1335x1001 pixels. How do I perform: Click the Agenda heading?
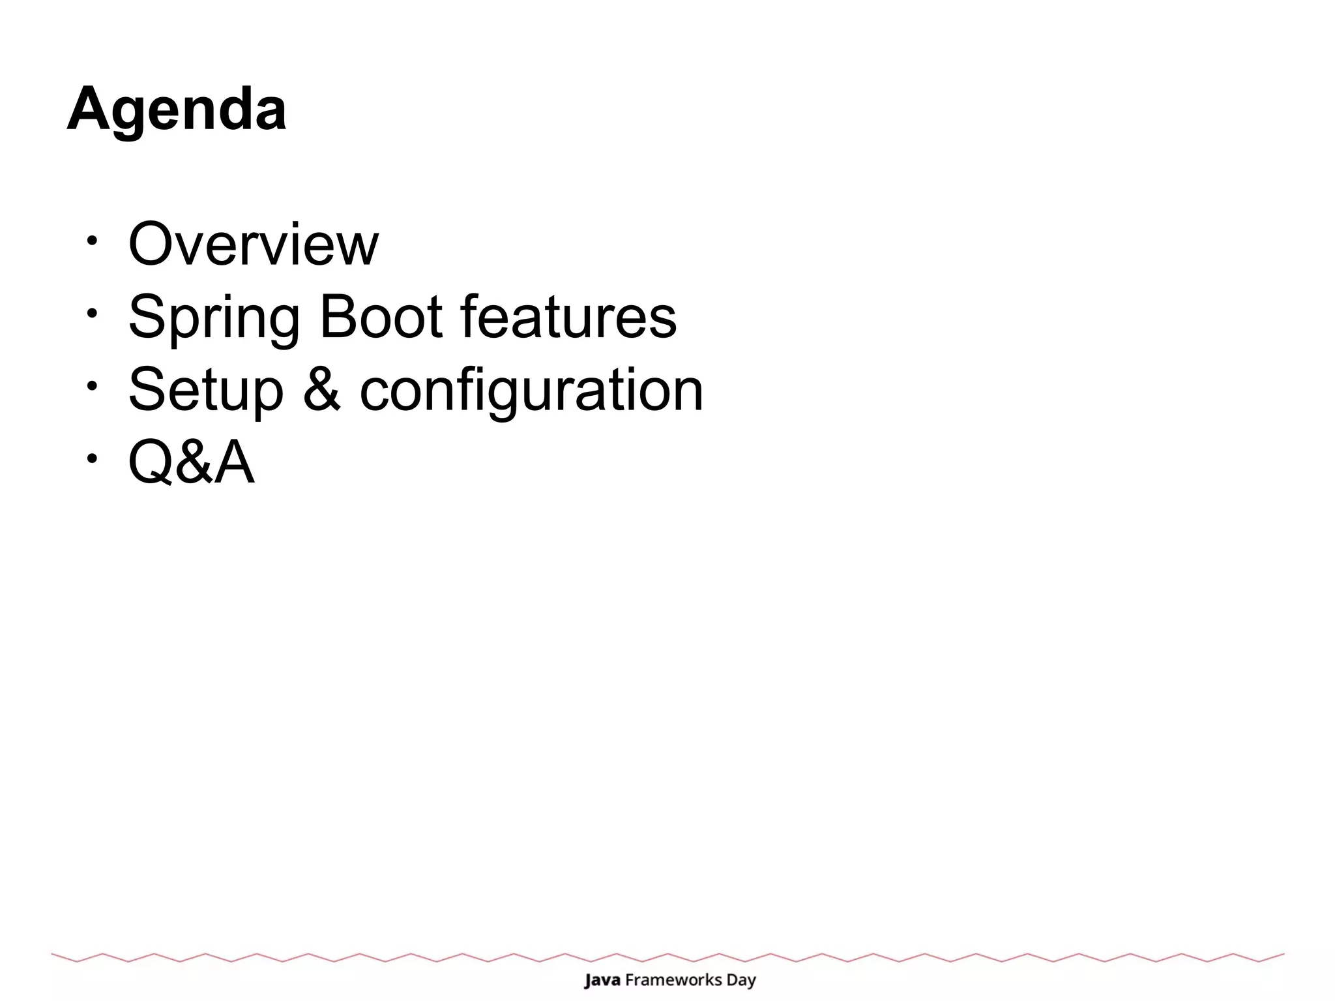click(x=176, y=110)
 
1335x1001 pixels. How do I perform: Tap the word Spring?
click(x=214, y=318)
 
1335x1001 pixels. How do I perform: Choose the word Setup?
click(x=206, y=390)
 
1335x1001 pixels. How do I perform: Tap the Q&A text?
click(x=191, y=462)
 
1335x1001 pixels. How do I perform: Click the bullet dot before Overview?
click(x=92, y=240)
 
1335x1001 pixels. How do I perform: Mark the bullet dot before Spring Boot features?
click(x=92, y=313)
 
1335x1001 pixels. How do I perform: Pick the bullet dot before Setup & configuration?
click(x=92, y=385)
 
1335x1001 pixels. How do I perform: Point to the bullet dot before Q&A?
click(x=92, y=458)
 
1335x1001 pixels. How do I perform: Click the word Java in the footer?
click(x=602, y=980)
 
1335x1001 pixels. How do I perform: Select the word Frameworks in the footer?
click(x=673, y=980)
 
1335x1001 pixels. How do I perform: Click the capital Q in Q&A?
click(x=152, y=462)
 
